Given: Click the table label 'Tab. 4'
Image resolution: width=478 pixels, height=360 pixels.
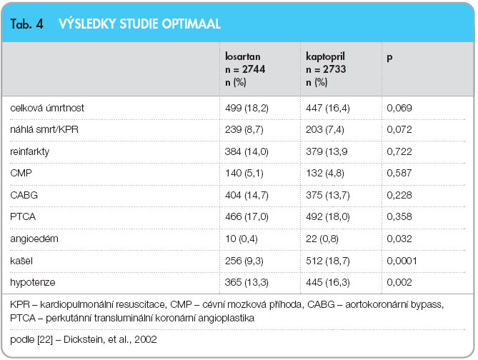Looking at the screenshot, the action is point(27,24).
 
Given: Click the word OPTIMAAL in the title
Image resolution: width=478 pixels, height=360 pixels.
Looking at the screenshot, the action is point(191,24).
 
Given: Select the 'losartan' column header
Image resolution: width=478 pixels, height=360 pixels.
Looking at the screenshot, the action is point(243,56).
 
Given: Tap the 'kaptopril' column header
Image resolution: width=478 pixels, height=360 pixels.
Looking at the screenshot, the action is point(325,56).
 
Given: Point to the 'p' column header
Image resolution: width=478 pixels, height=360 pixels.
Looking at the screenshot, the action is point(389,58).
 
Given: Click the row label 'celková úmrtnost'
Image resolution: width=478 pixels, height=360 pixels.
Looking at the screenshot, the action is point(47,108).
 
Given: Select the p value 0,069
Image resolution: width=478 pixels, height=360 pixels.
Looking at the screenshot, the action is point(399,108).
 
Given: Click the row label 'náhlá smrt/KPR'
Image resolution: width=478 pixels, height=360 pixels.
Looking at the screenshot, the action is point(44,129).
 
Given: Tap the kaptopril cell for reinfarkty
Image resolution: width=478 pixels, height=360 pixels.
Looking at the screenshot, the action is point(327,151).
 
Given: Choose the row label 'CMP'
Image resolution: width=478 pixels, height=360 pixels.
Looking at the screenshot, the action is point(21,173).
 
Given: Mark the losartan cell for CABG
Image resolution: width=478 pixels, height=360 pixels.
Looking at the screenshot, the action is point(247,195).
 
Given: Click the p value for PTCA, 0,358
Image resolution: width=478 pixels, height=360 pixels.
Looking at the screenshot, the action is point(399,216).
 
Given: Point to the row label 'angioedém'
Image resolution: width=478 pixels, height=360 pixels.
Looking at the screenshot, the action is point(34,239).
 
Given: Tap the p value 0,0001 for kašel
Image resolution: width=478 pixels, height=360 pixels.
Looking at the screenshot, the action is point(402,261).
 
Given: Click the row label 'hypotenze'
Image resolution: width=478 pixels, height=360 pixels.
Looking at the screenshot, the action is point(33,283).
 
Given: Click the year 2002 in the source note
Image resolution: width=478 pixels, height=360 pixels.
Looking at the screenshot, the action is point(146,339).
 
